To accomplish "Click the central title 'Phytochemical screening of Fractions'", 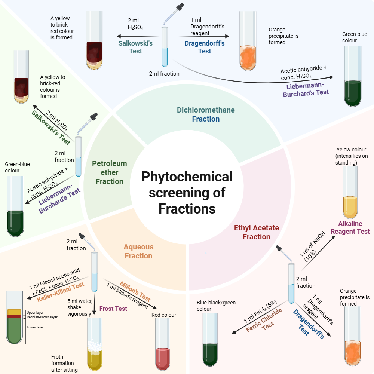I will [x=187, y=192].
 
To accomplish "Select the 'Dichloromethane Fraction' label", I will [x=206, y=114].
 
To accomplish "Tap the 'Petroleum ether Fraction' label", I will [x=110, y=172].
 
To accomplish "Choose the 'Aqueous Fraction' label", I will [x=138, y=251].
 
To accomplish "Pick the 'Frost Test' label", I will [x=113, y=309].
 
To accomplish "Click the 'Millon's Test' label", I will [x=135, y=291].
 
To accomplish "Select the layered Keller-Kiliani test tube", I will [x=15, y=318].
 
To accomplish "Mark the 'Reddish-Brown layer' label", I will [x=42, y=317].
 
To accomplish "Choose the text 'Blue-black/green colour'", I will [x=216, y=306].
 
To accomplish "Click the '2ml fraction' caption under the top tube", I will [x=164, y=74].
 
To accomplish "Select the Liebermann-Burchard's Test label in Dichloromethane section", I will [x=306, y=90].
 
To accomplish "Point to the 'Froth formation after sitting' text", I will [x=62, y=363].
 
